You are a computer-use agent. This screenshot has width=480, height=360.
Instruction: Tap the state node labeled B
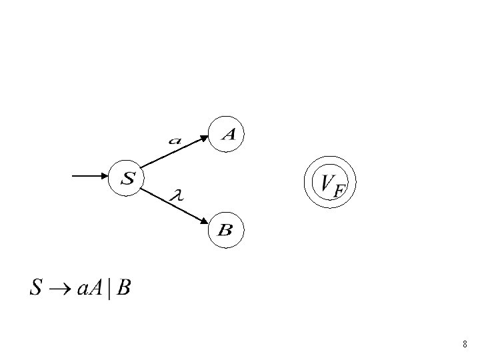pos(225,230)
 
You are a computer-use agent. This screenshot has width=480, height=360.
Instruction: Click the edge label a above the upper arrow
pos(175,141)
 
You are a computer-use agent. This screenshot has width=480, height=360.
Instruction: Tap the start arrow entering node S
pos(89,177)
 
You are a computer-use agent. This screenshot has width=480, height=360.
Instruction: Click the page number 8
pos(465,345)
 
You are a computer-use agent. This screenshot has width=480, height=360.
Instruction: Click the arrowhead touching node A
pos(205,139)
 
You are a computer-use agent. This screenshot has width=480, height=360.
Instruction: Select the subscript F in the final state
pos(339,191)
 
